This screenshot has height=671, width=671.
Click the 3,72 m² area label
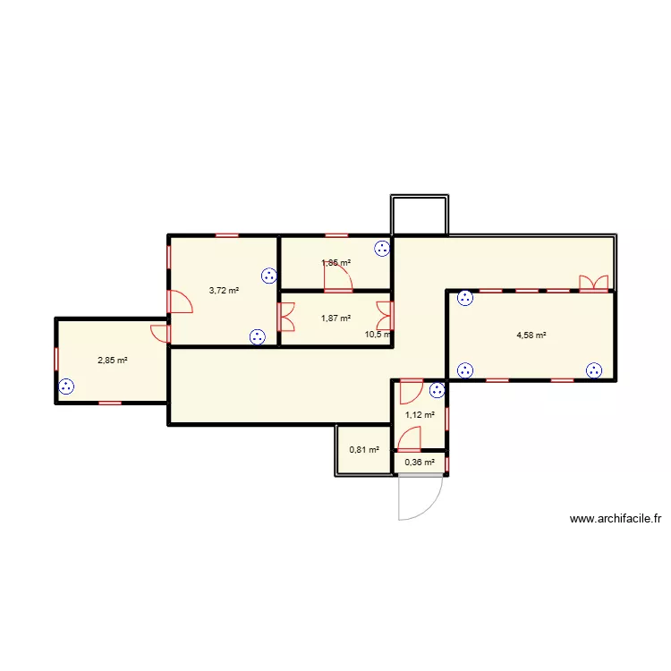224,290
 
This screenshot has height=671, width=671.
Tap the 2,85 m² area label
113,361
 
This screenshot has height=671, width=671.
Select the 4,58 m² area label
531,335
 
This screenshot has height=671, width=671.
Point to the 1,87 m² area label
335,318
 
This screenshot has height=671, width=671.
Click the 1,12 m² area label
420,414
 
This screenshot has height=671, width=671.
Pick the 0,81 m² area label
363,449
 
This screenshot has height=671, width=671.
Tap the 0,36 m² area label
420,463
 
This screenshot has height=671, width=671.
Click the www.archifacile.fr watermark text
614,518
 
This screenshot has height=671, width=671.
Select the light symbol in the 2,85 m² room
66,387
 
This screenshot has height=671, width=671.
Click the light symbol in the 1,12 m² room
437,389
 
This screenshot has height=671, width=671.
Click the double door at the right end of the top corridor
593,284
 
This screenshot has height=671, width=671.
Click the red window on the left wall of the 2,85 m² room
56,359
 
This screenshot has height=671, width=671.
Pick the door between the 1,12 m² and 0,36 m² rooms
410,439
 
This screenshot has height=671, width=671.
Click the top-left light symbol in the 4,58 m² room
464,299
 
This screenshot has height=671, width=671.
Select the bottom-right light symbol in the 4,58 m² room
595,369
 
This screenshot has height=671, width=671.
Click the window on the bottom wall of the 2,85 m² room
110,403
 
